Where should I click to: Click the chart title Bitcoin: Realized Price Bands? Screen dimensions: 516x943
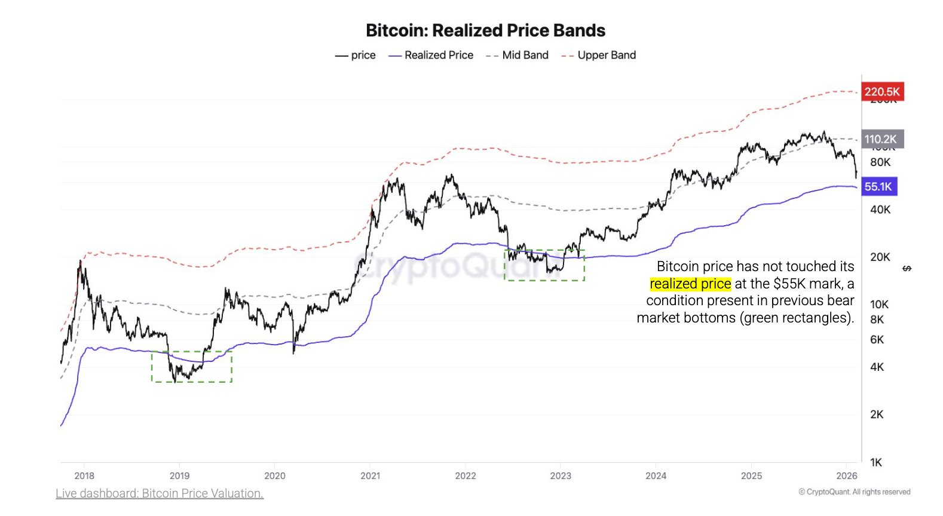click(x=485, y=30)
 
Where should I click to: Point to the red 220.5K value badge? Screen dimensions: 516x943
click(x=882, y=91)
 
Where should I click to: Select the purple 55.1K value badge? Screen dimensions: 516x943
click(x=878, y=186)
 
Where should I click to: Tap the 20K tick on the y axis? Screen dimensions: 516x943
click(x=880, y=257)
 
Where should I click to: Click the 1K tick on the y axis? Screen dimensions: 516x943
click(x=876, y=462)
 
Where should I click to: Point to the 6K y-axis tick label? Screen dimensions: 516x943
click(x=877, y=339)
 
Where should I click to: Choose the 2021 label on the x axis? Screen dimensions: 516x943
click(x=370, y=476)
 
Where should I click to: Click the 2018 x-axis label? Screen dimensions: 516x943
click(x=84, y=476)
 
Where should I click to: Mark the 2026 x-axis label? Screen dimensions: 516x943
click(x=847, y=476)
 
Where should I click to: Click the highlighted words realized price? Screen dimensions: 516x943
click(x=690, y=284)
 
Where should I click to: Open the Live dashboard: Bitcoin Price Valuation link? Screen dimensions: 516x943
click(x=160, y=493)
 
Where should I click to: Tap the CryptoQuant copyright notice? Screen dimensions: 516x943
click(x=854, y=492)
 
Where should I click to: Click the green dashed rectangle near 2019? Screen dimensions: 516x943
click(x=191, y=367)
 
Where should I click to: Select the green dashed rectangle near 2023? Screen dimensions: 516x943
click(x=544, y=265)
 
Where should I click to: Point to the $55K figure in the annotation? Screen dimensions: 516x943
click(x=789, y=284)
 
